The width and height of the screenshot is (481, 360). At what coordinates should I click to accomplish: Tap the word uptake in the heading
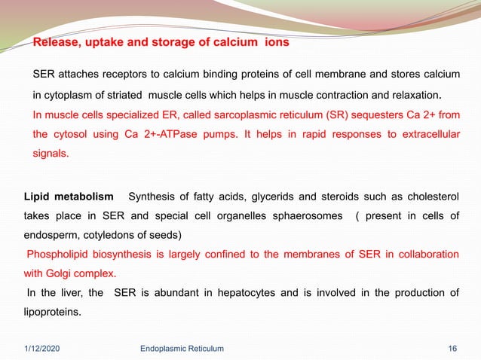[106, 43]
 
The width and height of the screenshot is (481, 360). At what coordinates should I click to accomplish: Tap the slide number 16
[452, 348]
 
